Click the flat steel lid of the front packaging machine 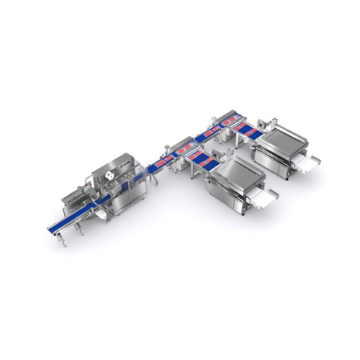[233, 173]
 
